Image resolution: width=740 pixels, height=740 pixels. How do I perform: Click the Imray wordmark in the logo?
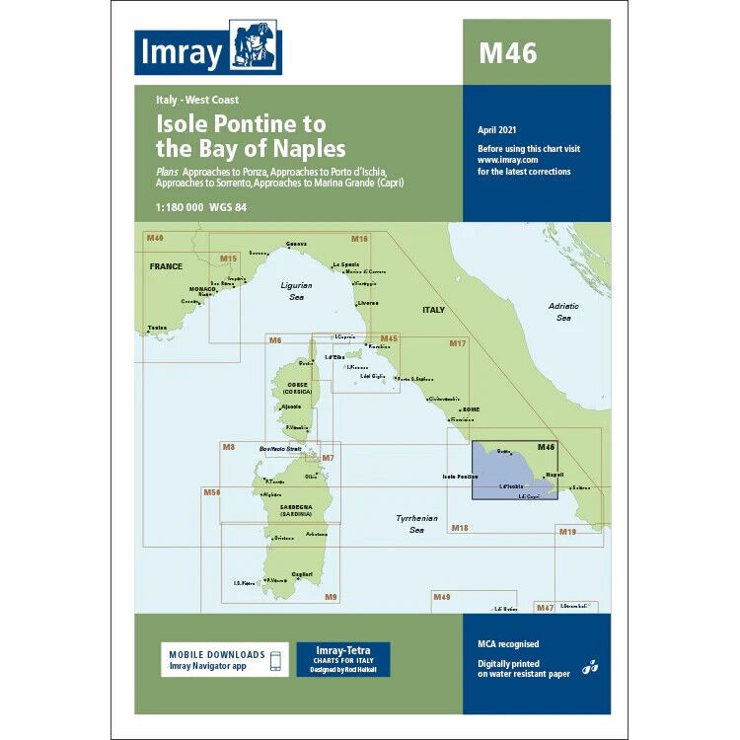click(181, 52)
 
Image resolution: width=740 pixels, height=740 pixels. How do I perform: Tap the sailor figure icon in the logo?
click(255, 47)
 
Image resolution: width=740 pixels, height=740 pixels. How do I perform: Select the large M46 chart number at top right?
click(508, 53)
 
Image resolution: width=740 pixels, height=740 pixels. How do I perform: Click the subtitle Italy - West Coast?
click(197, 100)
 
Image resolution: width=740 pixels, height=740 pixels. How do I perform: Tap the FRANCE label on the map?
click(167, 266)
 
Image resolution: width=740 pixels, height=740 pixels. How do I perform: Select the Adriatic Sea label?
click(564, 312)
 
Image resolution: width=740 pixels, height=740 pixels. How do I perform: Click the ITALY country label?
click(433, 310)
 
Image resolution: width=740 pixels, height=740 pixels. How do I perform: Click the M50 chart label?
click(212, 491)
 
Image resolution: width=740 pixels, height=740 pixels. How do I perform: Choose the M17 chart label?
click(457, 343)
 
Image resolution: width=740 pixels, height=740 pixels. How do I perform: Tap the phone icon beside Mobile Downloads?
click(277, 660)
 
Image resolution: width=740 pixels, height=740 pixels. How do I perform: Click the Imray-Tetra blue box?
click(343, 660)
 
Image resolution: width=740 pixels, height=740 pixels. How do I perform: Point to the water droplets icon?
click(590, 667)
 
